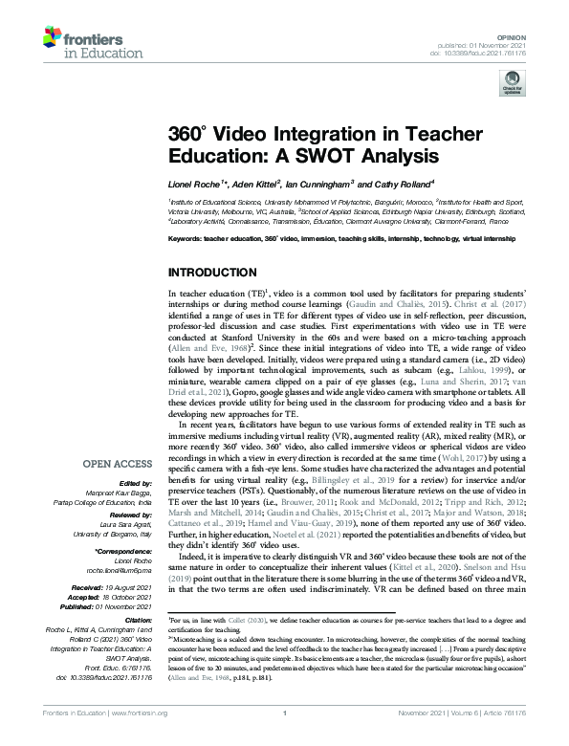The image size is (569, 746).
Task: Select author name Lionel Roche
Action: [x=195, y=182]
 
